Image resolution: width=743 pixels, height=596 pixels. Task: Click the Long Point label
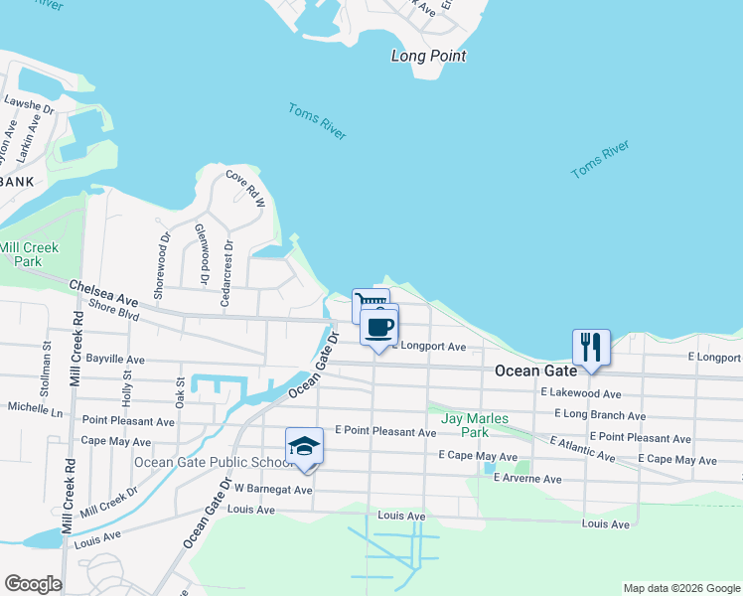pyautogui.click(x=428, y=56)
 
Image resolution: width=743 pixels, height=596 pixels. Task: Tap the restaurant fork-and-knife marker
pyautogui.click(x=590, y=347)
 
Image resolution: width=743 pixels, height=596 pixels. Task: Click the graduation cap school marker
pyautogui.click(x=304, y=446)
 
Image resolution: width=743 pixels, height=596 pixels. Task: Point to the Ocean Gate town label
pyautogui.click(x=536, y=371)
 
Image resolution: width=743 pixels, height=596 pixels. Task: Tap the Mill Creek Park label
pyautogui.click(x=29, y=254)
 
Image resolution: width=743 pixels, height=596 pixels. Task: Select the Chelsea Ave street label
pyautogui.click(x=103, y=292)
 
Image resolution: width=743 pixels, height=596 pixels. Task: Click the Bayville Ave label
pyautogui.click(x=114, y=359)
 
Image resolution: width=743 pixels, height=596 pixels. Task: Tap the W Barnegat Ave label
pyautogui.click(x=273, y=490)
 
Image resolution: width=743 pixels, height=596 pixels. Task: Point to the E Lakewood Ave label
pyautogui.click(x=581, y=394)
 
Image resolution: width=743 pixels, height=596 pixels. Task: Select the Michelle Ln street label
pyautogui.click(x=35, y=408)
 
